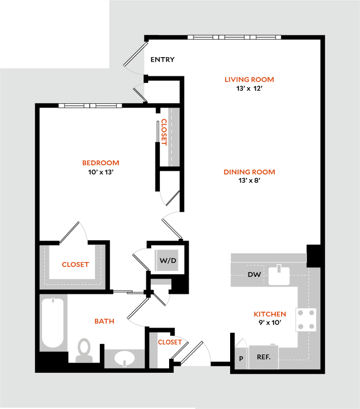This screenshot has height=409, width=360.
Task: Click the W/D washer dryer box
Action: (x=168, y=261)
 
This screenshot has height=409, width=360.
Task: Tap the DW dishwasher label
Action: (x=254, y=275)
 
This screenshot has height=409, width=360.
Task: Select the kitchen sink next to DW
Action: (x=279, y=276)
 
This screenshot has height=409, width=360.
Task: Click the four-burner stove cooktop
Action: (x=306, y=320)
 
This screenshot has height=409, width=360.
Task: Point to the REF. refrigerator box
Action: (x=264, y=357)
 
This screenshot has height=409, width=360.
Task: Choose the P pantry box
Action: (x=241, y=359)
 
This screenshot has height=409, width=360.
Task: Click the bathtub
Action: (x=52, y=322)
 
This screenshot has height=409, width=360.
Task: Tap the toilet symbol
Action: (x=84, y=350)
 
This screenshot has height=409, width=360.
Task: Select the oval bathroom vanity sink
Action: (x=125, y=358)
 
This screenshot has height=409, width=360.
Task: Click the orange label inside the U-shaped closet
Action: (x=76, y=265)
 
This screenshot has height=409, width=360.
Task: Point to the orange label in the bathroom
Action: (x=104, y=321)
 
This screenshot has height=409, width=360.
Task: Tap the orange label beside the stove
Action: (x=270, y=315)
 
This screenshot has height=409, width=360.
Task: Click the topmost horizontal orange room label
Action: (x=250, y=79)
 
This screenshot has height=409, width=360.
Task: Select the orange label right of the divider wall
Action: (x=249, y=172)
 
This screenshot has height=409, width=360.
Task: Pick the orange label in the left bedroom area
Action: (x=100, y=163)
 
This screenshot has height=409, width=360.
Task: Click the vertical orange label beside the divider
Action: (x=164, y=132)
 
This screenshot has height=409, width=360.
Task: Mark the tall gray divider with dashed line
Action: (x=173, y=137)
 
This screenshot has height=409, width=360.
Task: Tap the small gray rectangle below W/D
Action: (x=161, y=282)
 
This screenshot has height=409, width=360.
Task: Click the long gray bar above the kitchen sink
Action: (x=267, y=257)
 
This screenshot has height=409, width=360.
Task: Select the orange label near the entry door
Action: (x=170, y=342)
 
